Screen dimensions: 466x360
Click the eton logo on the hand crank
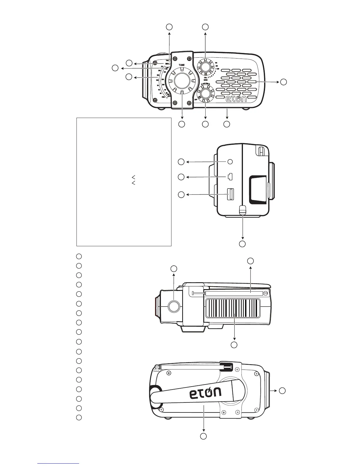click(205, 393)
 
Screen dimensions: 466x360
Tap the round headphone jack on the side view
click(230, 162)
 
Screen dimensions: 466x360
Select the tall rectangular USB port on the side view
click(230, 194)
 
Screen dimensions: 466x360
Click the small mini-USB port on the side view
click(230, 177)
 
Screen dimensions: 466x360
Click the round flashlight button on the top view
click(174, 306)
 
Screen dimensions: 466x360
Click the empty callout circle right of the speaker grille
click(283, 82)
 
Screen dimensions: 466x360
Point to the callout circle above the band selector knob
click(205, 27)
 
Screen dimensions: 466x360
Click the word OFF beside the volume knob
click(196, 99)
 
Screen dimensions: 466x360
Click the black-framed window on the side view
click(258, 190)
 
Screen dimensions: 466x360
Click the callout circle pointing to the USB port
click(181, 194)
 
